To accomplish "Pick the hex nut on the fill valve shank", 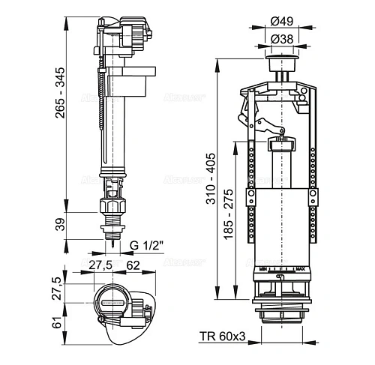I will pos(111,206).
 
